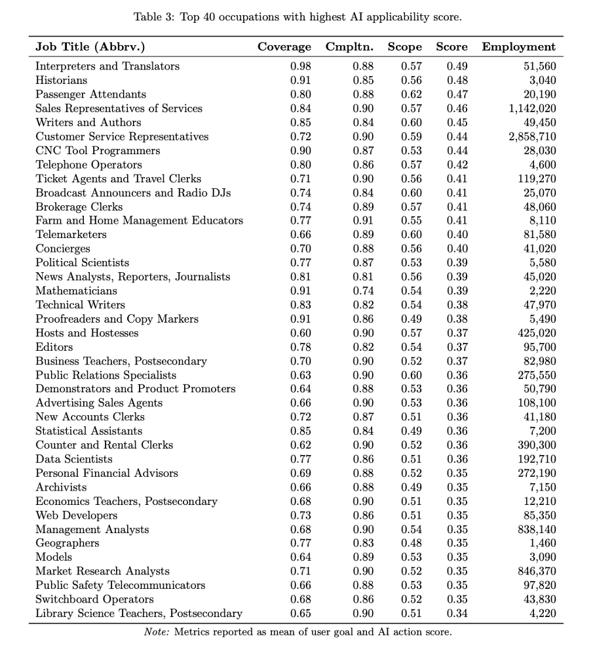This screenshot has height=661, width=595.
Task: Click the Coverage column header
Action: click(x=284, y=47)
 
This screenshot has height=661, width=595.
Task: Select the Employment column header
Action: click(x=518, y=47)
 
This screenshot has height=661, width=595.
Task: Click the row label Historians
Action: click(x=61, y=80)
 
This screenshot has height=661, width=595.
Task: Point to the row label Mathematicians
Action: click(x=76, y=290)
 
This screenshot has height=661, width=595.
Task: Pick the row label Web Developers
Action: click(x=76, y=515)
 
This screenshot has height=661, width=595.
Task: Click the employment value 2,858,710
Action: click(x=532, y=136)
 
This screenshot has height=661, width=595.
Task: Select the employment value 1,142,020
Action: click(x=532, y=108)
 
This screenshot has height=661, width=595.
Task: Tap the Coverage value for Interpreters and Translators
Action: click(x=301, y=66)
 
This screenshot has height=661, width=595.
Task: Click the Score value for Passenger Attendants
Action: click(x=457, y=94)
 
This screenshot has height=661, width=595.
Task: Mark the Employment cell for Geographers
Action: click(x=543, y=543)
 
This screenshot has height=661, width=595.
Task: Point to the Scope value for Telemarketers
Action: click(x=412, y=235)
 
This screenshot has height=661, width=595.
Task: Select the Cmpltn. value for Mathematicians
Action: click(x=363, y=290)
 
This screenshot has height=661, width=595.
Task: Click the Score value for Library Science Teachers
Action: click(x=457, y=614)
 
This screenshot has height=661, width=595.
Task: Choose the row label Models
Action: click(x=54, y=557)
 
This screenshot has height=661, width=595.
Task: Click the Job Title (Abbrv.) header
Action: click(x=90, y=47)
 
